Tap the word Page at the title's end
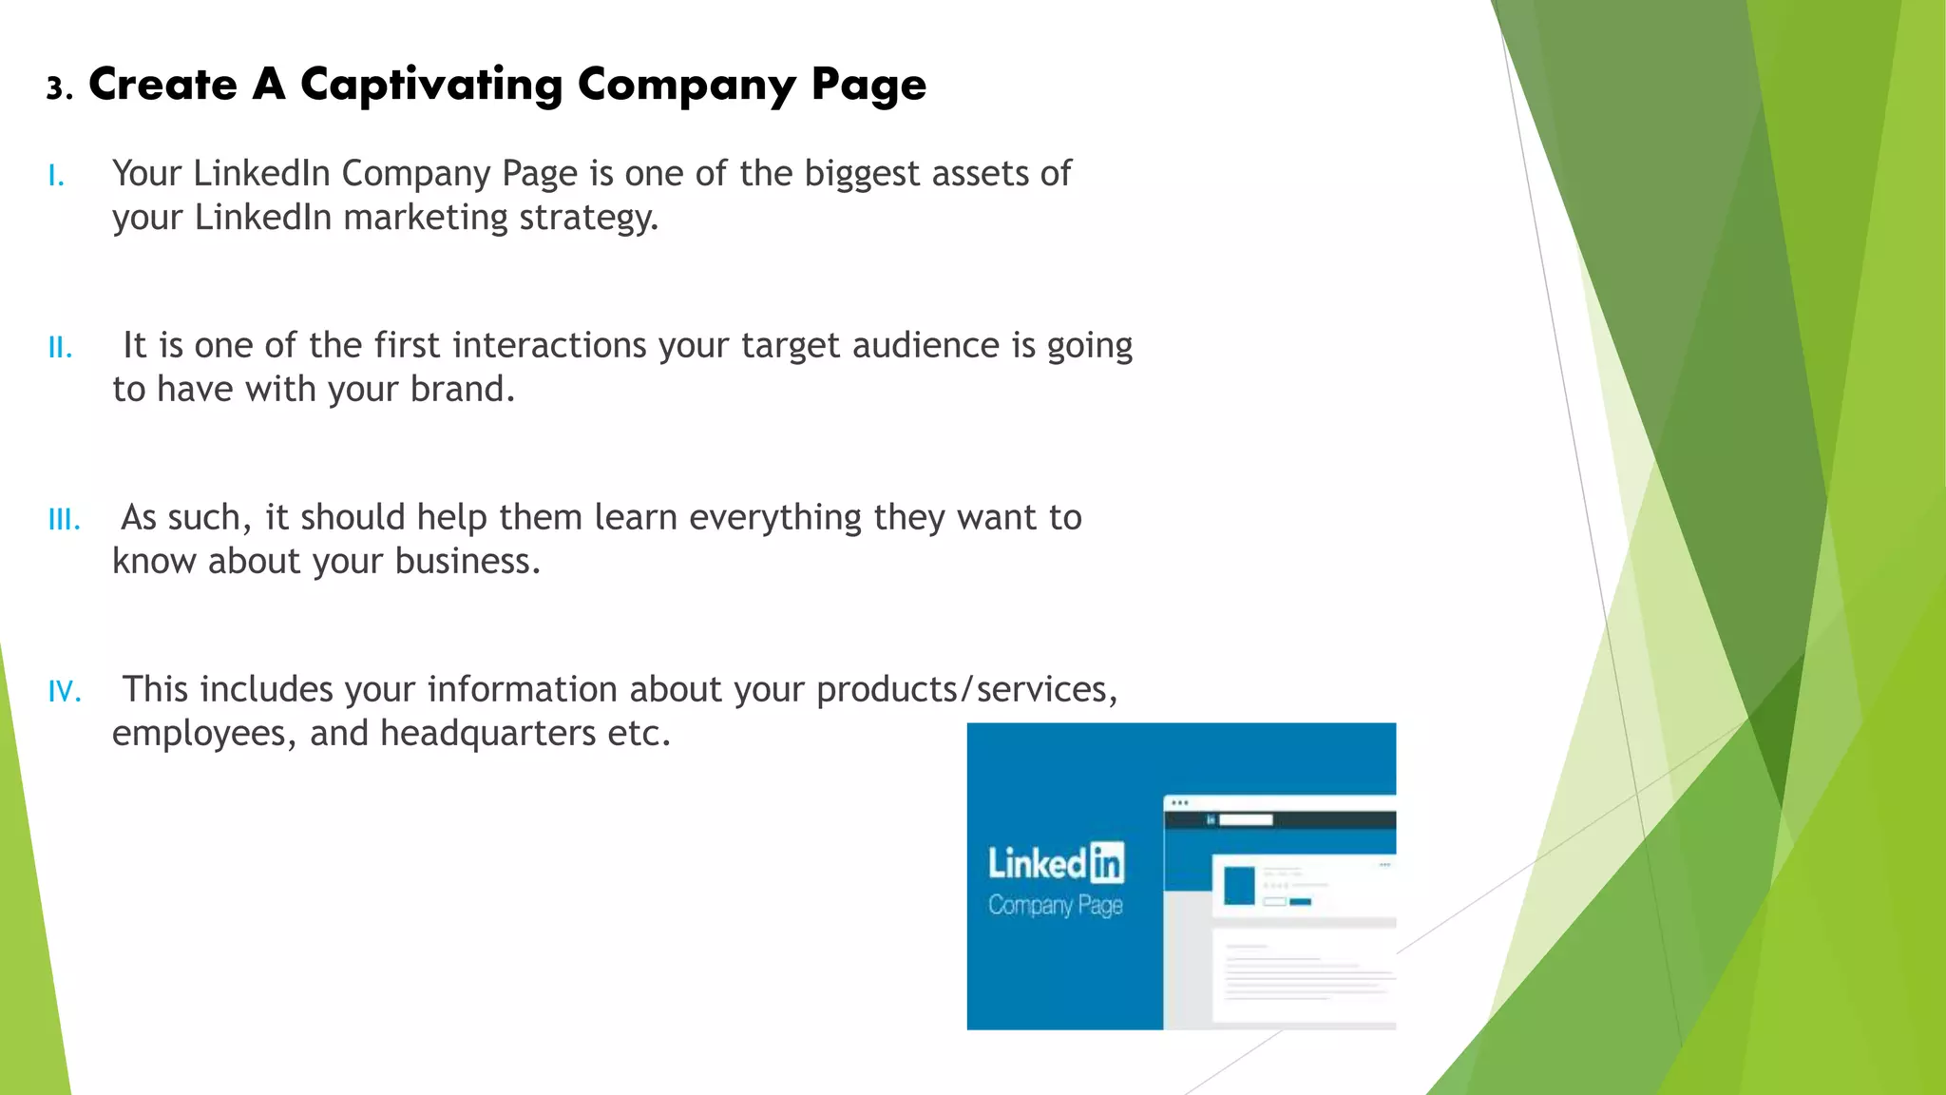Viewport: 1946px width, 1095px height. coord(868,86)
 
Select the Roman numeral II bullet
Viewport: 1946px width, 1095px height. coord(60,348)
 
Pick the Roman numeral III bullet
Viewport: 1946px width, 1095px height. coord(64,520)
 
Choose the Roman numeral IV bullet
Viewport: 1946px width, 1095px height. coord(65,692)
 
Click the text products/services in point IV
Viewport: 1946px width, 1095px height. coord(966,690)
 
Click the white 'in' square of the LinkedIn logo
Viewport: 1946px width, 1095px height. coord(1107,863)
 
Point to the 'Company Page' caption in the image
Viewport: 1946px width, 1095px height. coord(1055,905)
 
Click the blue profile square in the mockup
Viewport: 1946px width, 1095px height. coord(1239,886)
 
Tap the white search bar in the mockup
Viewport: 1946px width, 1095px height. coord(1246,819)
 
